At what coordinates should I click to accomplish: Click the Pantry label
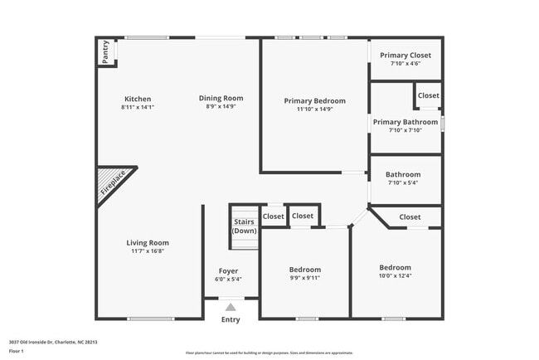[x=105, y=52]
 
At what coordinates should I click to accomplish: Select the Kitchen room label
[x=138, y=99]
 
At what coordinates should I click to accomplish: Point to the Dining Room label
[x=221, y=99]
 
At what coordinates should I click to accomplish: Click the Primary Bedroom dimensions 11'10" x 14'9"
[x=315, y=109]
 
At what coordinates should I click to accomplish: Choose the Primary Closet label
[x=405, y=56]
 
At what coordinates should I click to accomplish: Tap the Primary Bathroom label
[x=405, y=122]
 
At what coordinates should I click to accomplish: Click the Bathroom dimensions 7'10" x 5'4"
[x=404, y=182]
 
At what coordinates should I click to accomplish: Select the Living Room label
[x=148, y=243]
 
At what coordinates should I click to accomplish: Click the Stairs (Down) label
[x=244, y=226]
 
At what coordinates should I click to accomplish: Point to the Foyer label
[x=228, y=271]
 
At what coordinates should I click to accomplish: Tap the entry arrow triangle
[x=231, y=307]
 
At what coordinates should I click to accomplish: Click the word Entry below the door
[x=231, y=320]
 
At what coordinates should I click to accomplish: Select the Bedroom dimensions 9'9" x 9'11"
[x=304, y=278]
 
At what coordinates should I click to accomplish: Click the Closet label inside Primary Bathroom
[x=429, y=95]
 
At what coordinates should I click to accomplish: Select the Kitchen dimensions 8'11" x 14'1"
[x=138, y=107]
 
